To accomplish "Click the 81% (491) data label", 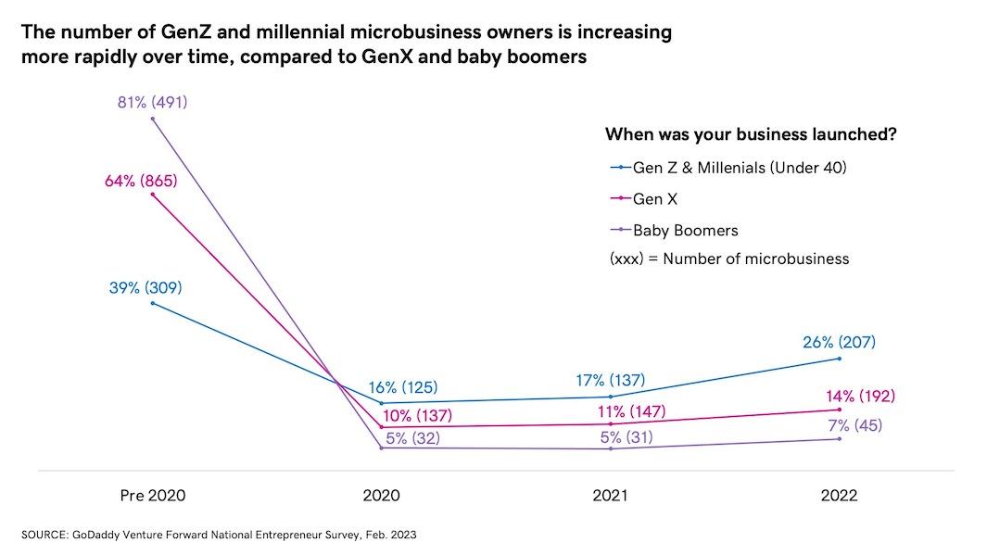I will tap(152, 102).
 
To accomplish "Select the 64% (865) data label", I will tap(141, 181).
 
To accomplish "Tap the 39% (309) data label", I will tap(146, 288).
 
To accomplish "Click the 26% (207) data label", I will tap(839, 343).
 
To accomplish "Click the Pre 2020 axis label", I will tap(153, 496).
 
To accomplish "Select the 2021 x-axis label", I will tap(611, 496).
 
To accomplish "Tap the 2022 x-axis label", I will tap(839, 496).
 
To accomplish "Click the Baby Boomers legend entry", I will tap(685, 230).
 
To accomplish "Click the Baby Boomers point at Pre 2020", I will tap(153, 119).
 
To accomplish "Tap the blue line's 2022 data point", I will tap(839, 359).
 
